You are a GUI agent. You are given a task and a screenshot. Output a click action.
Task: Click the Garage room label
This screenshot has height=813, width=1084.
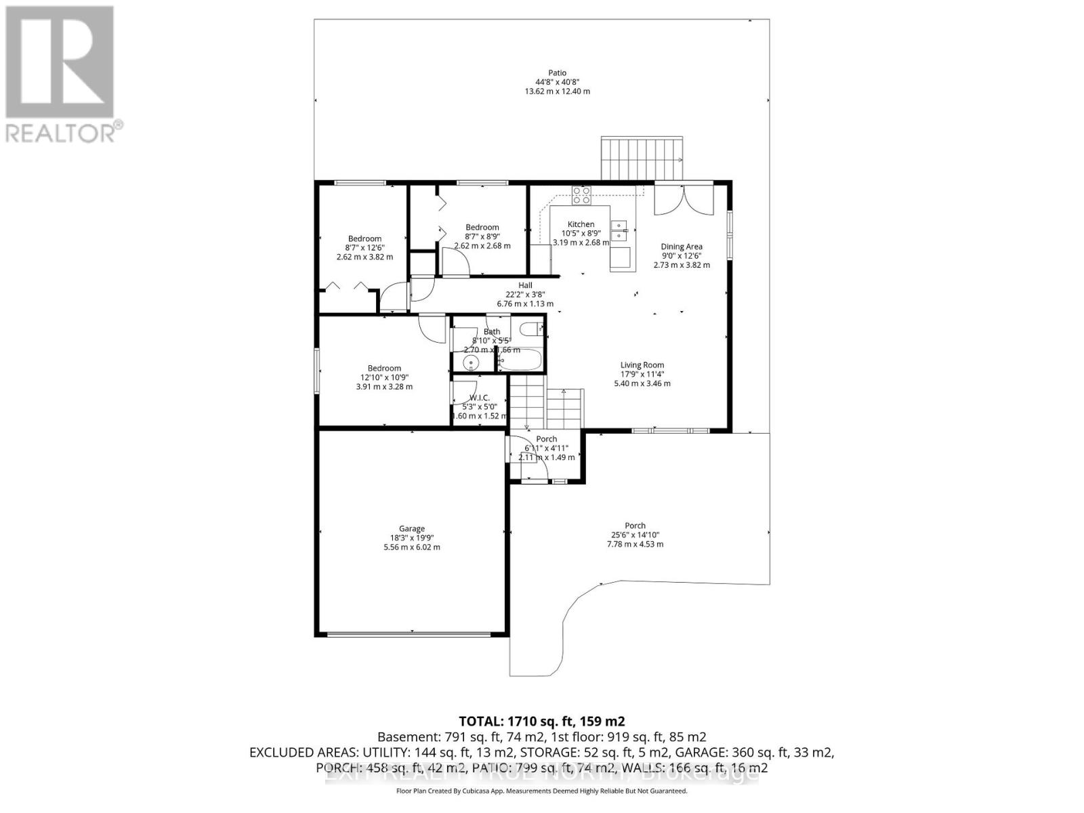pos(411,528)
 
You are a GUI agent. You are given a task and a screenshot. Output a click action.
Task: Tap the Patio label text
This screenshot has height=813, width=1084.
pos(557,73)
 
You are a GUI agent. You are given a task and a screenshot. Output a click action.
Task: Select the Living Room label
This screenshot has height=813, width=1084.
pos(642,365)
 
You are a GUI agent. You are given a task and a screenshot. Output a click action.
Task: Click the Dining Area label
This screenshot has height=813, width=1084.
pos(681,247)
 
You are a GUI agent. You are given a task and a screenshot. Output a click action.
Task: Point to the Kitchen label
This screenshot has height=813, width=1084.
pos(581,224)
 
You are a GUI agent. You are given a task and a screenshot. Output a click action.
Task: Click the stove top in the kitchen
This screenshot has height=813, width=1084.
pos(581,195)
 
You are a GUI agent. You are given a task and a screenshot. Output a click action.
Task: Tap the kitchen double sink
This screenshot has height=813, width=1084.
pos(619,231)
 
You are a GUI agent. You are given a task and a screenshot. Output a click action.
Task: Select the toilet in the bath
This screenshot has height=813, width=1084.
pos(530,330)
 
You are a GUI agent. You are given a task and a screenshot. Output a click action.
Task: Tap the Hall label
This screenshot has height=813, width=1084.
pos(525,285)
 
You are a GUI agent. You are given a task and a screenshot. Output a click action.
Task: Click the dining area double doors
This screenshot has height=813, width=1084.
pos(684,199)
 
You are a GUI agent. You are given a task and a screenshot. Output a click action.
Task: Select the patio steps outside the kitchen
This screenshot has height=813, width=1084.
pos(642,159)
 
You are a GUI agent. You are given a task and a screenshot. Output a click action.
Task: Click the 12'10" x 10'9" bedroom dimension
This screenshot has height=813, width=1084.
pos(384,377)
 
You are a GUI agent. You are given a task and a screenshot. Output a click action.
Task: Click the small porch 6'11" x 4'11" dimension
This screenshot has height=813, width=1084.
pos(546,448)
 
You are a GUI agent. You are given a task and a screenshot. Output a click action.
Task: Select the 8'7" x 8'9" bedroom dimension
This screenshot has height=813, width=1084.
pos(482,236)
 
